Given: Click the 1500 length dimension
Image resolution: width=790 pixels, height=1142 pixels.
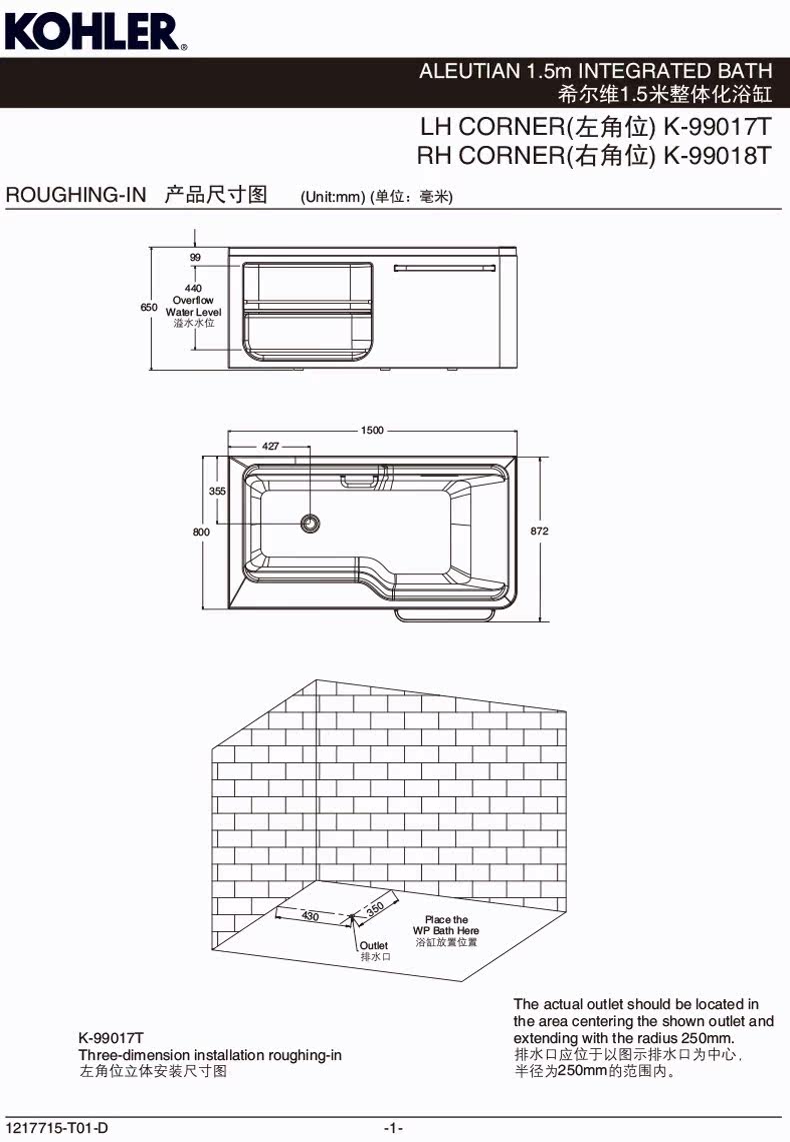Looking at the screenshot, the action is coord(372,431).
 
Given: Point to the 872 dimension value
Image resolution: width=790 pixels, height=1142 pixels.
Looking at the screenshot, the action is coord(540,532).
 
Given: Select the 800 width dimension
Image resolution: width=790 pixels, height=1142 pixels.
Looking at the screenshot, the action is coord(201,533).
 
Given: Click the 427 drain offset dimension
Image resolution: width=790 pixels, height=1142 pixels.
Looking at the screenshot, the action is coord(270,447).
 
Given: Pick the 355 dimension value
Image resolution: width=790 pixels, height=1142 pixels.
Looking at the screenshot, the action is coord(217,491).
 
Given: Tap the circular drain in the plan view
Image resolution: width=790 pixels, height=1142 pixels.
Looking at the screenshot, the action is coord(311,522).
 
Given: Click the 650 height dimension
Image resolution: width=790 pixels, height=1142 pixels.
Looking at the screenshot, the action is coord(149,308).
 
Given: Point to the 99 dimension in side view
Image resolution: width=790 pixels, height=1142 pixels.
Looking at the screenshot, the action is coord(195,258).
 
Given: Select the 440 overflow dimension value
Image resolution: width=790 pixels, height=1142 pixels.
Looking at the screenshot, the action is coord(194,288).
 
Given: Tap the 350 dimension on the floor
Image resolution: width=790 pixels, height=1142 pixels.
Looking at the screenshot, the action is coord(375,909).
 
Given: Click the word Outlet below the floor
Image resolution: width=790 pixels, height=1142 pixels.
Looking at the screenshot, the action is coord(374,945).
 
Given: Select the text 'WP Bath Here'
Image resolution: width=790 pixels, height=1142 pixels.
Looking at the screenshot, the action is coord(446,930).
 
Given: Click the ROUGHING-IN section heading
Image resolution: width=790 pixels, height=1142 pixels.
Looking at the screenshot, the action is coord(77,195).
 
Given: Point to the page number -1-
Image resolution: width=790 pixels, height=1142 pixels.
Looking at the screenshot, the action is coord(394,1129).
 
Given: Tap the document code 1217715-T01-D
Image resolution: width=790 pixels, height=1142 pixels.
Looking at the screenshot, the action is coord(56,1129).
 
